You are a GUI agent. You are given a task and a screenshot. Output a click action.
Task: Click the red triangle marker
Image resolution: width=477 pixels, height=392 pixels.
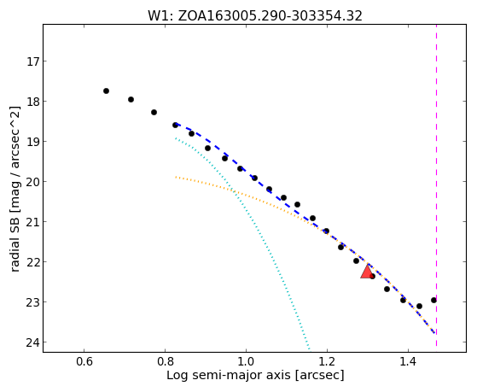pyautogui.click(x=367, y=272)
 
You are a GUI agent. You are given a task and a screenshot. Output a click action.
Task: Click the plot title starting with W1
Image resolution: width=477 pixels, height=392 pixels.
pyautogui.click(x=255, y=16)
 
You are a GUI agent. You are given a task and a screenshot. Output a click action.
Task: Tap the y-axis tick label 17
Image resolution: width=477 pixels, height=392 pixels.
pyautogui.click(x=32, y=61)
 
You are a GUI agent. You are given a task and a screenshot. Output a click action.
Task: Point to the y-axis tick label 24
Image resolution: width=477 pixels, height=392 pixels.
pyautogui.click(x=32, y=342)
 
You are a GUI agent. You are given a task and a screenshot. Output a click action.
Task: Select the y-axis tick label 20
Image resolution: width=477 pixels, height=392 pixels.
pyautogui.click(x=32, y=182)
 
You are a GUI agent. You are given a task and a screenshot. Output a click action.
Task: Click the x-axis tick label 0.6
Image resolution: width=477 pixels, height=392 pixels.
pyautogui.click(x=84, y=362)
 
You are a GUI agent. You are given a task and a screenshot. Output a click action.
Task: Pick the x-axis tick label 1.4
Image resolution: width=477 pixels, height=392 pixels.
pyautogui.click(x=408, y=362)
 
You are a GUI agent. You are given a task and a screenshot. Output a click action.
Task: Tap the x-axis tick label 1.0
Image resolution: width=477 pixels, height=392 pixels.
pyautogui.click(x=246, y=362)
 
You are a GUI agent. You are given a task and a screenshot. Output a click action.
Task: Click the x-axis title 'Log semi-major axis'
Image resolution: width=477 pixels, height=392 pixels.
pyautogui.click(x=229, y=375)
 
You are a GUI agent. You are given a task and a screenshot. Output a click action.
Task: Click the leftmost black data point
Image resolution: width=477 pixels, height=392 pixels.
pyautogui.click(x=106, y=91)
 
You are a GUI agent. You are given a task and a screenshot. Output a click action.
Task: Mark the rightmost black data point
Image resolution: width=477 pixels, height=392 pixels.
pyautogui.click(x=433, y=301)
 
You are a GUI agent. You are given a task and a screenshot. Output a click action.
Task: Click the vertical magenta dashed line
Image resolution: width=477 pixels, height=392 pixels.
pyautogui.click(x=437, y=185)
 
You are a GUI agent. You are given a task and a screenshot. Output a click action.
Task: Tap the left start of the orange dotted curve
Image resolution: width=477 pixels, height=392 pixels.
pyautogui.click(x=176, y=177)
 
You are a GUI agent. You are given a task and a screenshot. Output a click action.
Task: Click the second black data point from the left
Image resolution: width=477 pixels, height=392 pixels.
pyautogui.click(x=131, y=99)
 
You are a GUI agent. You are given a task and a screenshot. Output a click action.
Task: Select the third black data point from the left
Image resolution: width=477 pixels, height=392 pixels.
pyautogui.click(x=154, y=113)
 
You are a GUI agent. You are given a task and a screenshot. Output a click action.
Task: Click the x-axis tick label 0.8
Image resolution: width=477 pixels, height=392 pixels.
pyautogui.click(x=165, y=362)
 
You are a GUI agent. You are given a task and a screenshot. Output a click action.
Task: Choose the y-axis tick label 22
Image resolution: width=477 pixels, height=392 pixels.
pyautogui.click(x=32, y=262)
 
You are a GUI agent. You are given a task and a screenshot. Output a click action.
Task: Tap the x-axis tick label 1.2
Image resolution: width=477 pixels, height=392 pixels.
pyautogui.click(x=327, y=362)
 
